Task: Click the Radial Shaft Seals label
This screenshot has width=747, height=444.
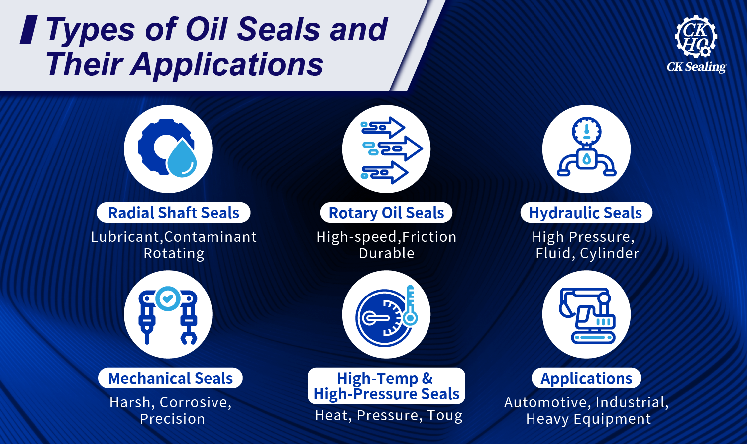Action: (x=174, y=213)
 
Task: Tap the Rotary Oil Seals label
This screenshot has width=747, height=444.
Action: (x=386, y=213)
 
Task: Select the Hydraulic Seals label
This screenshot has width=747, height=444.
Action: (x=585, y=213)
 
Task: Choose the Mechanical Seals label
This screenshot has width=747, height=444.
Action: (x=170, y=378)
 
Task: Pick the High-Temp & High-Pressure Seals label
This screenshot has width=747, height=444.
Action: (x=386, y=386)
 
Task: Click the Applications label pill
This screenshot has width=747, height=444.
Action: (x=586, y=378)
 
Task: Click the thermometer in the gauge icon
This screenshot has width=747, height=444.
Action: (x=410, y=306)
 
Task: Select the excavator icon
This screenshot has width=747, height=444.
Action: (x=587, y=315)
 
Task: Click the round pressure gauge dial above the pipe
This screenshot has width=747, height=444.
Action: (x=587, y=131)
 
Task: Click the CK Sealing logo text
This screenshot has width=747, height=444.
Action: (x=696, y=67)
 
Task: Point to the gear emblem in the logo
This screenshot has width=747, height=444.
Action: (x=695, y=36)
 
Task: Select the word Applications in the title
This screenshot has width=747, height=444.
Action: (x=227, y=64)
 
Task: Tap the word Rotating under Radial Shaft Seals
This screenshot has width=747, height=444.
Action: (x=174, y=253)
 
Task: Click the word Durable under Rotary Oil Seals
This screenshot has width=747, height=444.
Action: (x=386, y=253)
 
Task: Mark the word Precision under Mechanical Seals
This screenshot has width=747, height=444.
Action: (x=172, y=419)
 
